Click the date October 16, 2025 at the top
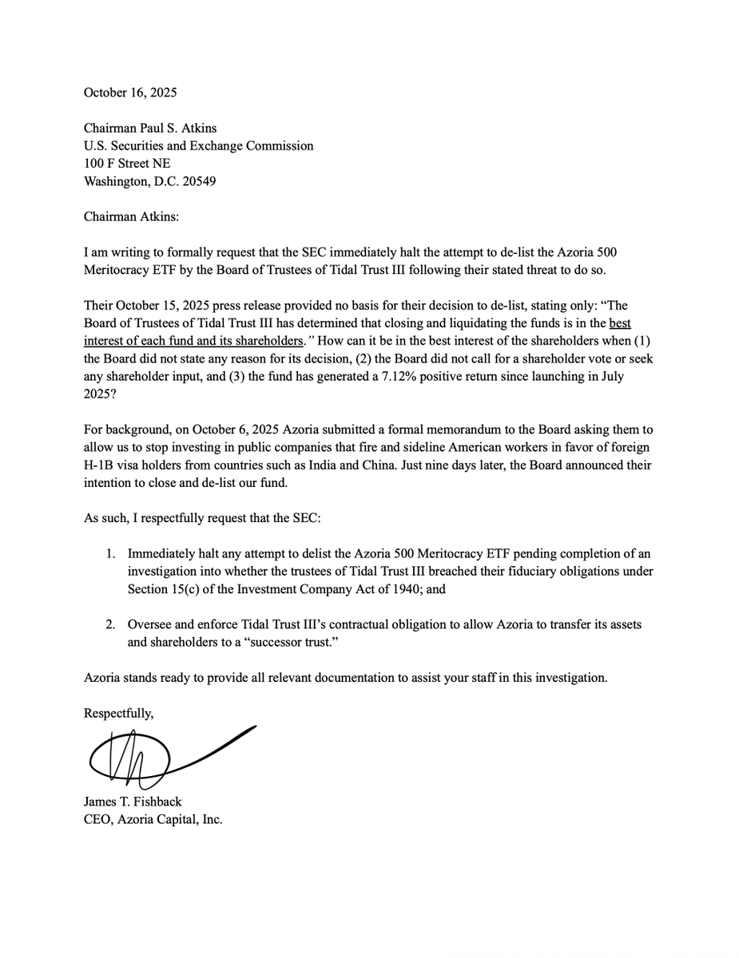130,92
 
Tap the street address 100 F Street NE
127,163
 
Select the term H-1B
101,465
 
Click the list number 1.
112,553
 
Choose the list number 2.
112,624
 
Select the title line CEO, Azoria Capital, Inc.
153,820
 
